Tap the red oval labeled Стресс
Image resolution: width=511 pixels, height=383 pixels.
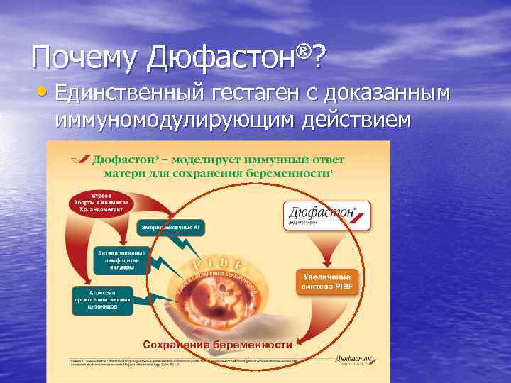click(99, 199)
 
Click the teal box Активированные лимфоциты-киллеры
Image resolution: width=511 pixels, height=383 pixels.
click(121, 260)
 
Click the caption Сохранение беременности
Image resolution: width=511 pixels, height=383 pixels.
click(217, 344)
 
